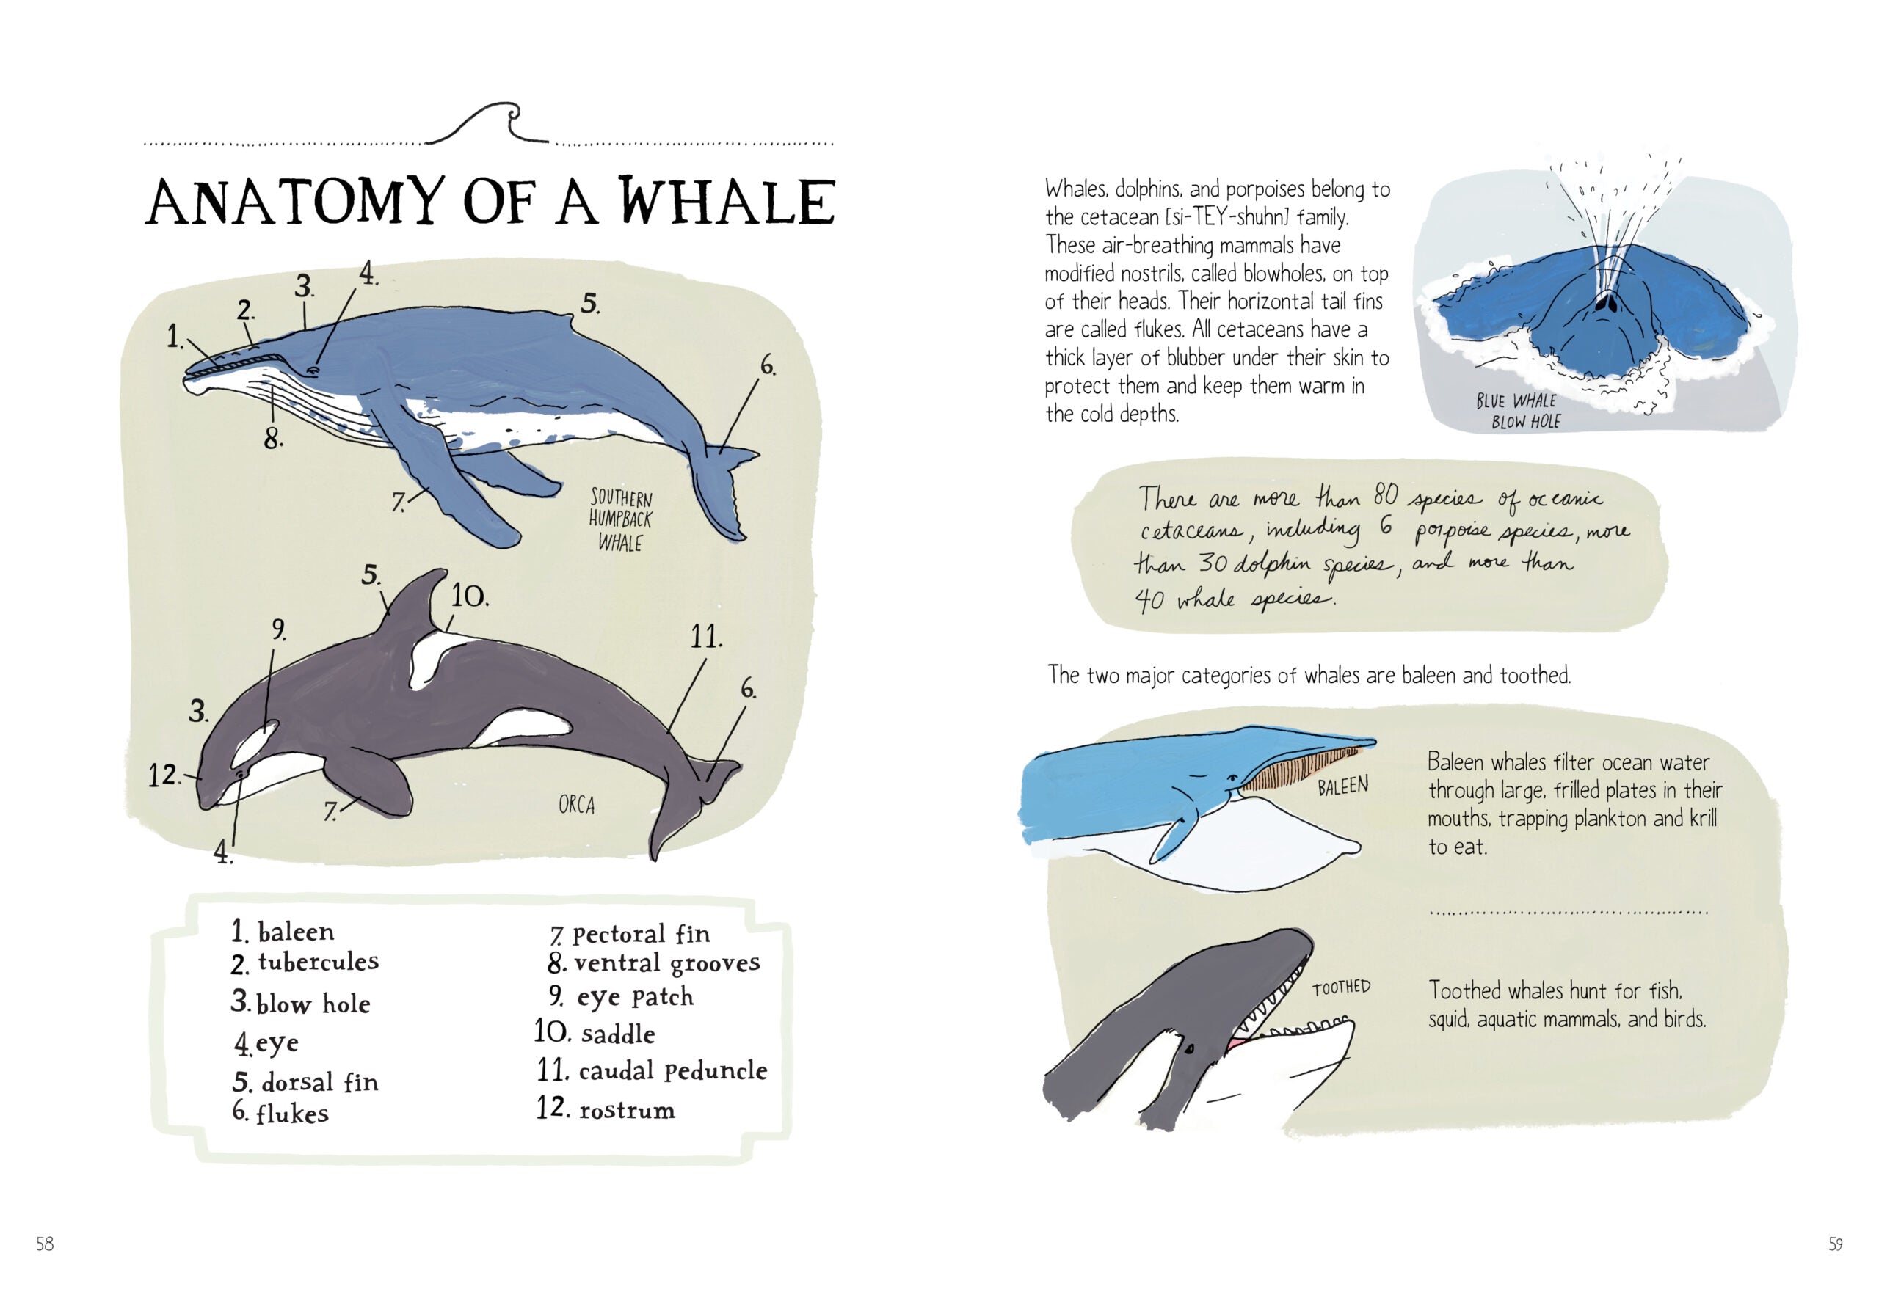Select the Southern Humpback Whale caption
click(x=621, y=519)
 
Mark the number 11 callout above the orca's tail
click(x=705, y=637)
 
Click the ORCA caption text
click(x=576, y=806)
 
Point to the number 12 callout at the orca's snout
click(x=163, y=775)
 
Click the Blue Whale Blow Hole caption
click(x=1518, y=412)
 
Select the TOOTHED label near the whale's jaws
click(x=1341, y=987)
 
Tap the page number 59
click(x=1834, y=1244)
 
